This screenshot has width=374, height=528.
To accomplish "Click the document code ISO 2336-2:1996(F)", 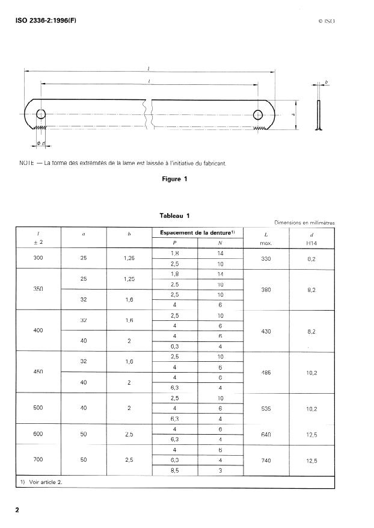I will tap(45, 21).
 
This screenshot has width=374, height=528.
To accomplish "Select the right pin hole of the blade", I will tap(259, 114).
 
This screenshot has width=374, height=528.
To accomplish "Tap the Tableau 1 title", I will tap(174, 216).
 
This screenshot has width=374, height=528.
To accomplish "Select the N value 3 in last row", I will tap(221, 470).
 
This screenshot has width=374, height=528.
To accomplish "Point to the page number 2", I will tap(17, 510).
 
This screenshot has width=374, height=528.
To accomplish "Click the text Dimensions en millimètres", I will tap(304, 223).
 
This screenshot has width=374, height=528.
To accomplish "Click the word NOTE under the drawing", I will tap(25, 162).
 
